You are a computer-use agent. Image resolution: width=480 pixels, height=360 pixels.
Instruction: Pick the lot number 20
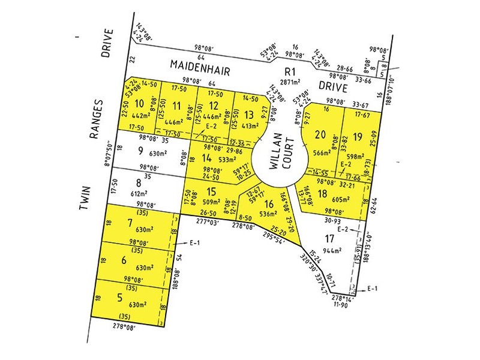pyautogui.click(x=320, y=136)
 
